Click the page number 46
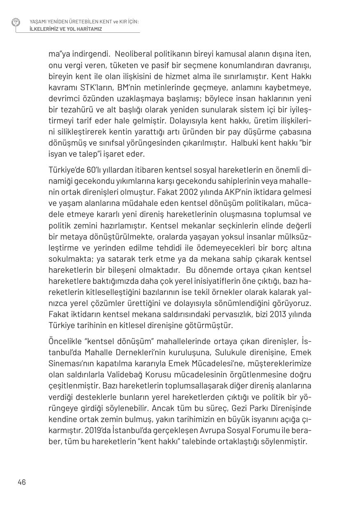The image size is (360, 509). tap(22, 482)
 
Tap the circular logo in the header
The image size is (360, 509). tap(16, 23)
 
